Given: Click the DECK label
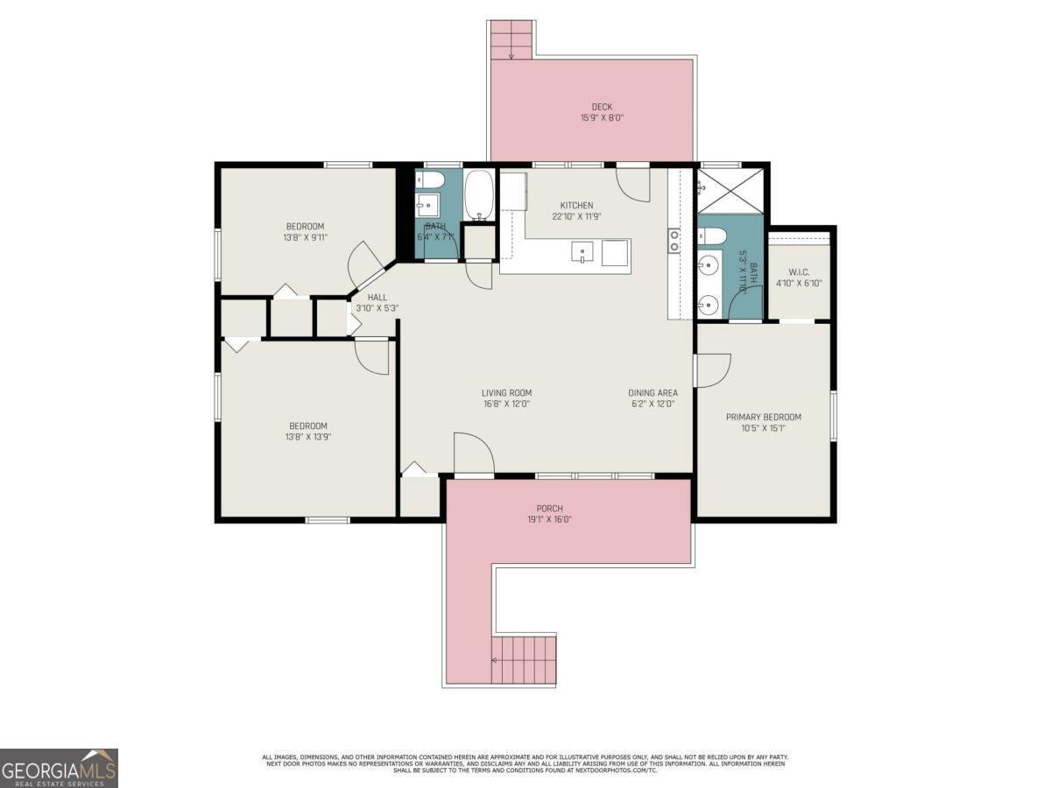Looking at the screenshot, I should [602, 107].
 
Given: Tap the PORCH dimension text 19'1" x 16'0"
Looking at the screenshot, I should [549, 519].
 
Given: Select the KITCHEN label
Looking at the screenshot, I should [576, 206].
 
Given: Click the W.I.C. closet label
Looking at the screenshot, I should [798, 271].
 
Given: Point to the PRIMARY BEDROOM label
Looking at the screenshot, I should [763, 417].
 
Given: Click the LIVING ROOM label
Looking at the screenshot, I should [506, 393].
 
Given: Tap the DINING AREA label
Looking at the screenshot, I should [652, 393].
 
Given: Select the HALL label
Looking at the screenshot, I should [377, 298].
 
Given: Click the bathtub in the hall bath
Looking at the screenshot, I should [479, 195].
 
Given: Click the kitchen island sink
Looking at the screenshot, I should [585, 252].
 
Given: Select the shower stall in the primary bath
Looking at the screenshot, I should [730, 191].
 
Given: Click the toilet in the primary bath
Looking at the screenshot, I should [710, 236].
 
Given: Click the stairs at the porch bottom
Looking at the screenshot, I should [524, 660].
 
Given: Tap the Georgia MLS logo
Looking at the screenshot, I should [59, 768].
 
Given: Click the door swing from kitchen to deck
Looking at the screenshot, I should [632, 182].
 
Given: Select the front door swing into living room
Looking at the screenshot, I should [473, 454].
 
